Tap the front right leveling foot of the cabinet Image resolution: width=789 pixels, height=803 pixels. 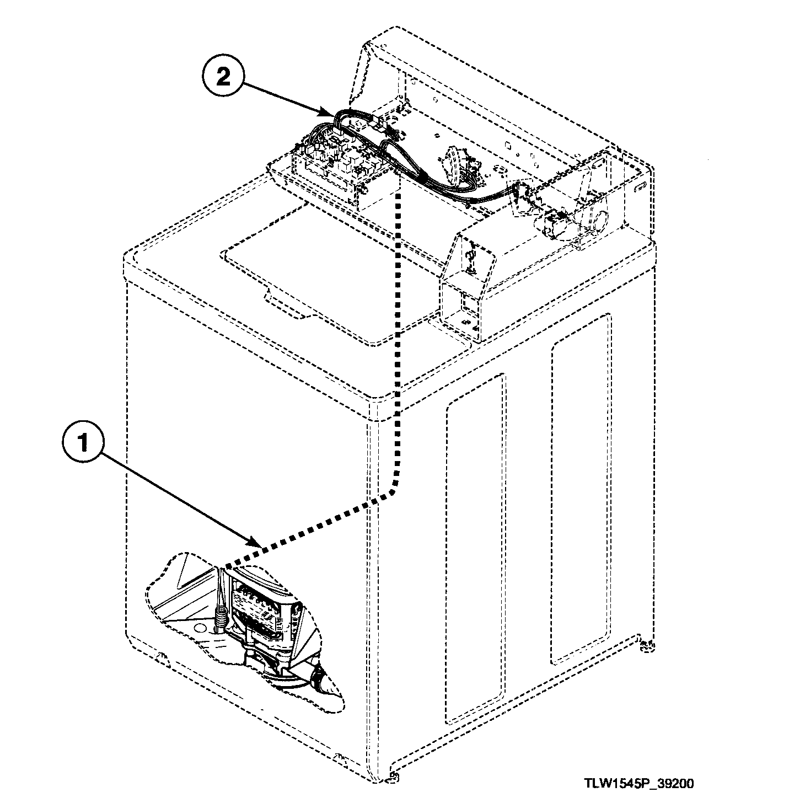[393, 778]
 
